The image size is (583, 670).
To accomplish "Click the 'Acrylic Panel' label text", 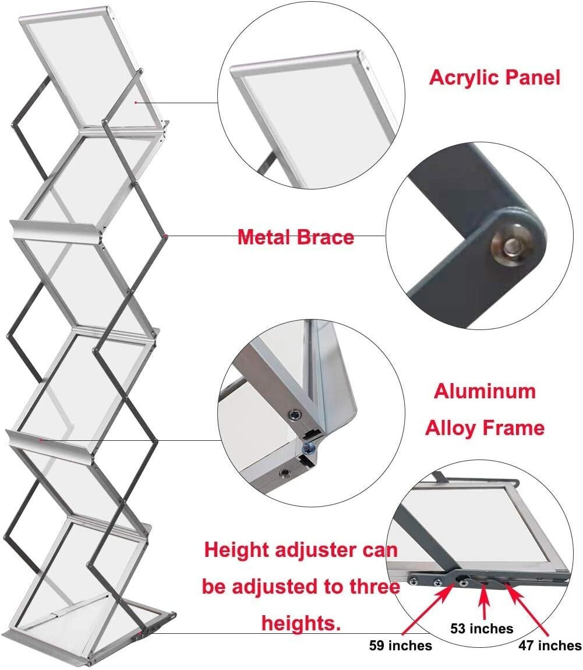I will coord(494,78).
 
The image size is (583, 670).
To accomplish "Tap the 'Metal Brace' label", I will coord(295,237).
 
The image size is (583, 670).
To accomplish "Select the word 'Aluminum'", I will coord(484,391).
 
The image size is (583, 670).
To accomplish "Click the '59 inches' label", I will coord(401,646).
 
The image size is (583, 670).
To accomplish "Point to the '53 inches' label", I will coord(482,628).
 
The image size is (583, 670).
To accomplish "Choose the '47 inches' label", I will coord(550,646).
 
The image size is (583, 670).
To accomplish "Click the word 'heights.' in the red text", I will coord(301,623).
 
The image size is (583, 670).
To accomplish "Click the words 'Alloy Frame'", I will coord(484,428).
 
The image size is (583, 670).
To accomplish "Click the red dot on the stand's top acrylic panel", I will coord(136,103).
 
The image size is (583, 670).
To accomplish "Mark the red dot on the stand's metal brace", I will coord(167,236).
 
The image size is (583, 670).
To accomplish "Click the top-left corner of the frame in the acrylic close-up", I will coord(234,72).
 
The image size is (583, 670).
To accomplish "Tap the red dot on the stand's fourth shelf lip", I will coord(41,440).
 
